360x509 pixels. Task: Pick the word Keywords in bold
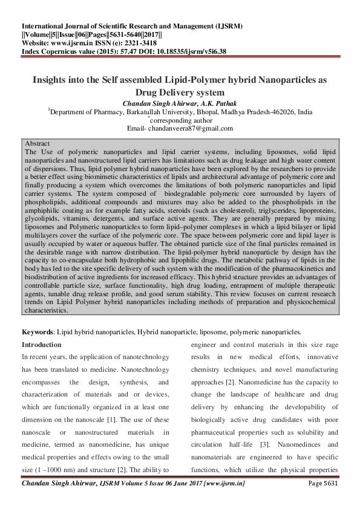pos(37,332)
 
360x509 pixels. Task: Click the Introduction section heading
pos(42,345)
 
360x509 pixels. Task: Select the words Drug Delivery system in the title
pos(180,92)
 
